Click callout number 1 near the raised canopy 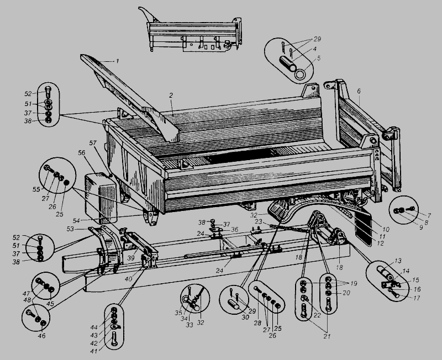pos(117,61)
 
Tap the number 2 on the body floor pos(171,96)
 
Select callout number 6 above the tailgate pos(359,91)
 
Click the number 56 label pos(82,152)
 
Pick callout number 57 pos(93,143)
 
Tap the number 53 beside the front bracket pos(70,229)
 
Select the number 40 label pos(128,279)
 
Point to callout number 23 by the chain pos(259,221)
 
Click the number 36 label pos(234,230)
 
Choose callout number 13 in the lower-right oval pos(398,261)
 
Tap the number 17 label pos(417,298)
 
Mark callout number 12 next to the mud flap pos(380,243)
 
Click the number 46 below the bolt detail pos(42,336)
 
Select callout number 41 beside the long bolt pos(94,352)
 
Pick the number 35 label pos(178,313)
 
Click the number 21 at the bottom pos(327,336)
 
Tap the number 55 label pos(36,189)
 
